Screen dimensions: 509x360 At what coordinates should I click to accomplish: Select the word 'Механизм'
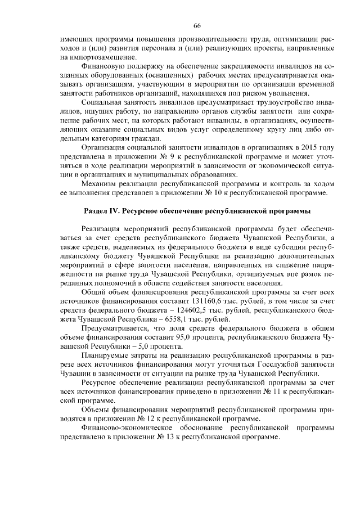101,184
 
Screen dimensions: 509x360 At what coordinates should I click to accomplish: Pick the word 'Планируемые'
104,357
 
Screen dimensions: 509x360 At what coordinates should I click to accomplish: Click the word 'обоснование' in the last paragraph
201,429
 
